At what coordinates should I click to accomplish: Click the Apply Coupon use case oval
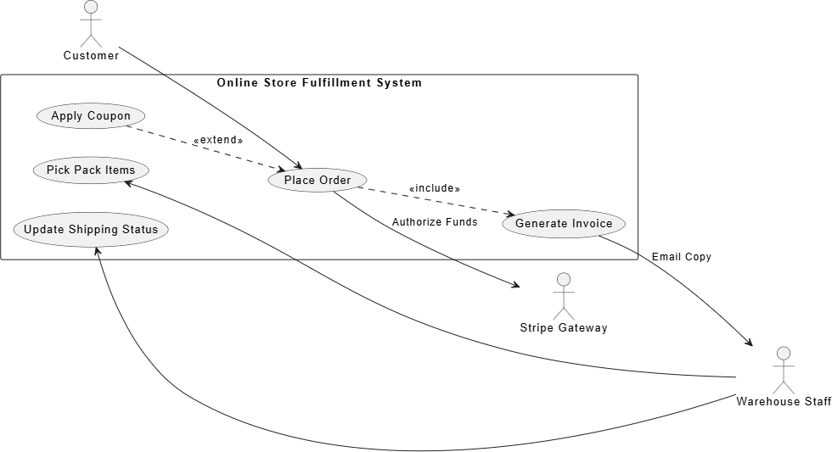coord(91,116)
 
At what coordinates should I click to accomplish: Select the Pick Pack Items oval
coord(91,170)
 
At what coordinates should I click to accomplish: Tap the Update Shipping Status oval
coord(91,230)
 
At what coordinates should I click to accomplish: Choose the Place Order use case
coord(318,180)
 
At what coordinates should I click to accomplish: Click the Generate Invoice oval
coord(564,224)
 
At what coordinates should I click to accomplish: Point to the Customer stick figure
coord(92,24)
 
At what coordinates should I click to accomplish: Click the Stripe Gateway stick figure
coord(564,296)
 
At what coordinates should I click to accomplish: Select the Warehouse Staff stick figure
coord(783,370)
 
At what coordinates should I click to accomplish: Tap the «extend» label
coord(218,140)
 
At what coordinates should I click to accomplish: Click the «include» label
coord(435,188)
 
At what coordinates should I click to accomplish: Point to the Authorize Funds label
coord(435,222)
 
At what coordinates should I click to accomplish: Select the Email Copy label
coord(681,257)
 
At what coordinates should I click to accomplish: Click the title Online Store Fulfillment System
coord(319,82)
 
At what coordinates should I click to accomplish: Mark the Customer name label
coord(92,56)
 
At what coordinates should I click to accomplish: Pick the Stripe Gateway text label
coord(564,328)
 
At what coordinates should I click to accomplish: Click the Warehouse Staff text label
coord(784,402)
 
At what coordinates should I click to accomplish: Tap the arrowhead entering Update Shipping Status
coord(97,251)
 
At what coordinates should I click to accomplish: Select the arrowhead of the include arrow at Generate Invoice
coord(510,214)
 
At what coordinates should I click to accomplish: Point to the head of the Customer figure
coord(92,6)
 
